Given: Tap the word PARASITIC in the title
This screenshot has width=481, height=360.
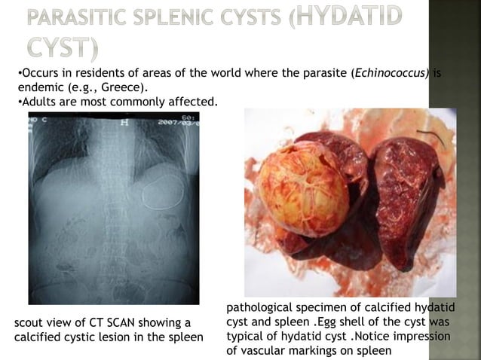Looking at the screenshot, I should pos(93,20).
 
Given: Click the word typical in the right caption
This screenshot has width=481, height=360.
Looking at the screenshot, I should pos(247,337).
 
